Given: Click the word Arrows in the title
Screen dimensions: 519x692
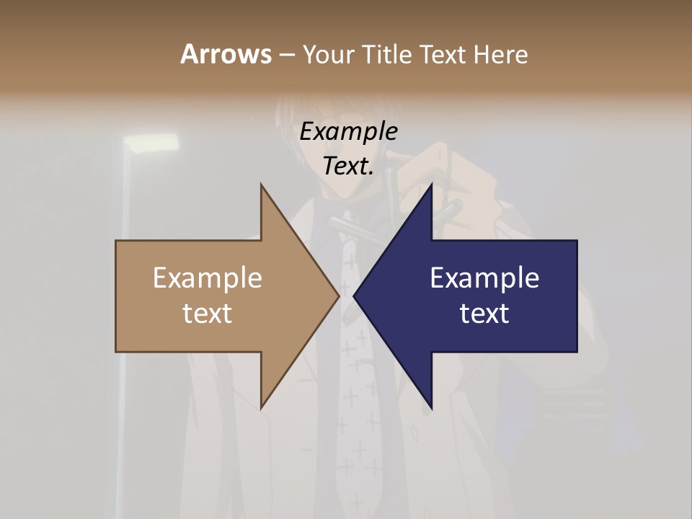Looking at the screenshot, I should [225, 54].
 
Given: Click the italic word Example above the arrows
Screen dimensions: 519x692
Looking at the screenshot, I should [349, 131].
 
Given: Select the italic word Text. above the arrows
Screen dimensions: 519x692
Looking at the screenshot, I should [349, 166].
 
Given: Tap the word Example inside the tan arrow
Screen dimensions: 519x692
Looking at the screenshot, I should [208, 278].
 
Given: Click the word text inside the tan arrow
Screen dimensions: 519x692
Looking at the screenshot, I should [208, 314].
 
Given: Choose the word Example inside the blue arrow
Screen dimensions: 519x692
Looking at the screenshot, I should [484, 278].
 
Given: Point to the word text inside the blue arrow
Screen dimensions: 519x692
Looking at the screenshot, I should [484, 314].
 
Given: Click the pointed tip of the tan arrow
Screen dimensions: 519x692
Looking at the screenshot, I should [339, 296].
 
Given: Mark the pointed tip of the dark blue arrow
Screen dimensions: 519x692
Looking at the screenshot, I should [354, 296].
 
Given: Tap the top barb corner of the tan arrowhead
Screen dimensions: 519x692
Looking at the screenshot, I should [262, 185].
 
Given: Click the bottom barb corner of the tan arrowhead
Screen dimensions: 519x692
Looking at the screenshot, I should [262, 408].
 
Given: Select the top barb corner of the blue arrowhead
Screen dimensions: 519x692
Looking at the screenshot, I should [431, 185].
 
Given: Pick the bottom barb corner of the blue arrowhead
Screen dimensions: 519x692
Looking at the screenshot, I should [431, 408].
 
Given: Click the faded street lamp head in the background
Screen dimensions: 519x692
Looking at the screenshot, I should [151, 144].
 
